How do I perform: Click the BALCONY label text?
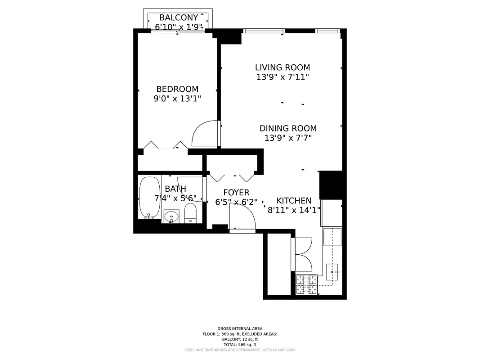pyautogui.click(x=179, y=18)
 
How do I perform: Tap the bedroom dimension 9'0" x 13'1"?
pyautogui.click(x=177, y=98)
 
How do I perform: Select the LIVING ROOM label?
pyautogui.click(x=283, y=67)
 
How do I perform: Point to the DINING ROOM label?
pyautogui.click(x=288, y=129)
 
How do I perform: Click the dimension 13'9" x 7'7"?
pyautogui.click(x=288, y=139)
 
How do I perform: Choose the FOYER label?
pyautogui.click(x=236, y=193)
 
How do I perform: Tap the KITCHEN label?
pyautogui.click(x=294, y=201)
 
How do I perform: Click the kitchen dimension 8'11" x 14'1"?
pyautogui.click(x=294, y=210)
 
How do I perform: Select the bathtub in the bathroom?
pyautogui.click(x=149, y=197)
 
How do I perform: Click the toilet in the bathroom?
pyautogui.click(x=191, y=213)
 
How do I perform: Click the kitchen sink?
pyautogui.click(x=333, y=270)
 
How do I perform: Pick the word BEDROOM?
pyautogui.click(x=177, y=89)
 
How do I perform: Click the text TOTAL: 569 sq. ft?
pyautogui.click(x=239, y=344)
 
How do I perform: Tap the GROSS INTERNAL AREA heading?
pyautogui.click(x=239, y=328)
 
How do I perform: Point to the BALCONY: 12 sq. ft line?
pyautogui.click(x=239, y=339)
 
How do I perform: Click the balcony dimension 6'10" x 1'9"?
pyautogui.click(x=179, y=27)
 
